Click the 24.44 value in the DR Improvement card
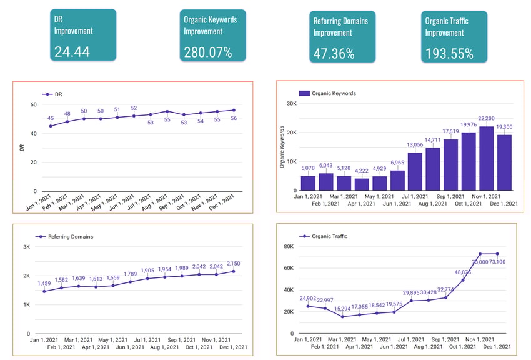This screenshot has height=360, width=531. tap(72, 51)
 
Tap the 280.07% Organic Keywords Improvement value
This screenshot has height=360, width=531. tap(207, 52)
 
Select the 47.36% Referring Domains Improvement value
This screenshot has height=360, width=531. tap(334, 54)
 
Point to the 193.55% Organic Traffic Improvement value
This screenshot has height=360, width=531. tap(449, 54)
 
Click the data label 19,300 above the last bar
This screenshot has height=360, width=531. tap(505, 127)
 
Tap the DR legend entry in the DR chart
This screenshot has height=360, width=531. tap(57, 94)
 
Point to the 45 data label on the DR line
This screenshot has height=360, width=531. tap(51, 118)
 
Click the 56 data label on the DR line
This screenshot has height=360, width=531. tap(234, 118)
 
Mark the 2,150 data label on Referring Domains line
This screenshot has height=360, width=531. tap(232, 264)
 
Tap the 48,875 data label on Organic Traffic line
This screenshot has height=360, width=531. tap(462, 272)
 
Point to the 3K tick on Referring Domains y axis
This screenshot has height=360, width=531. tap(26, 247)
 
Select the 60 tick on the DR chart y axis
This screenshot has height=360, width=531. tap(32, 104)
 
